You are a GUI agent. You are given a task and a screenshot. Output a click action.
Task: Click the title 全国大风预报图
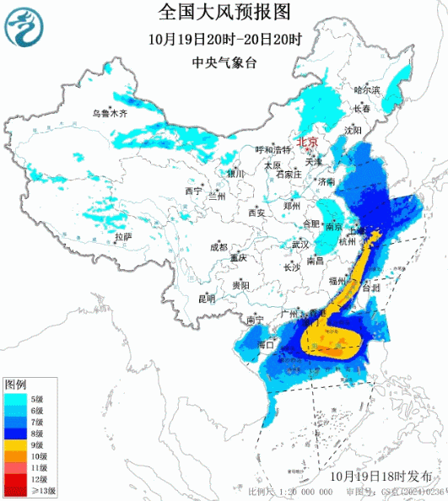click(224, 12)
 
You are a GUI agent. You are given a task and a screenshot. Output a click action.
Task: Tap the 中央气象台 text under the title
click(224, 61)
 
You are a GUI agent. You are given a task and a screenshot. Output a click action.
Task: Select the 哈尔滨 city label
click(367, 89)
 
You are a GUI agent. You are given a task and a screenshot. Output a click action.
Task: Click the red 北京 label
click(305, 143)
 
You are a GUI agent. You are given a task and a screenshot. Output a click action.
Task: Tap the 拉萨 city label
click(124, 237)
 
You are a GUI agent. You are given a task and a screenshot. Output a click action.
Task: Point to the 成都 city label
click(219, 247)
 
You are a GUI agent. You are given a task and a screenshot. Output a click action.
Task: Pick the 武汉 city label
click(300, 245)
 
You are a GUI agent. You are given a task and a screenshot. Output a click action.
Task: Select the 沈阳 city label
click(353, 131)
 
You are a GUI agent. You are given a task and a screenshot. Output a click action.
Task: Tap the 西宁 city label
click(193, 191)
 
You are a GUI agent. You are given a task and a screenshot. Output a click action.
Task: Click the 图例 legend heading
click(15, 384)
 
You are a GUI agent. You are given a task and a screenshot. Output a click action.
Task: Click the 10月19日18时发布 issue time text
click(384, 476)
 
